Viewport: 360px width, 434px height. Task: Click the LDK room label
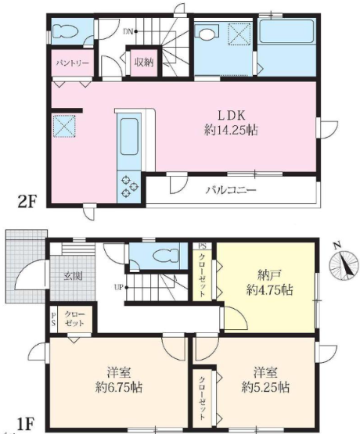coord(231,115)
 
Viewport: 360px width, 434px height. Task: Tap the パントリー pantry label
coord(73,63)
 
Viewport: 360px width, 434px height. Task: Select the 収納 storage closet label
coord(144,63)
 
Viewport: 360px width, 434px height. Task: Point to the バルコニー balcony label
coord(231,190)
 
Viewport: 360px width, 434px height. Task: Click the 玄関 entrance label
coord(74,276)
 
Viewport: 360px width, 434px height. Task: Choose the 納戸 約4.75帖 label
coord(269,282)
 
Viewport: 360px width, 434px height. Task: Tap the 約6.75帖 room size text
coord(119,387)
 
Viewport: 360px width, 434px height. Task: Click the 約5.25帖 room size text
coord(265,387)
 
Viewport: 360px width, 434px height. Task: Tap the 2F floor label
coord(27,202)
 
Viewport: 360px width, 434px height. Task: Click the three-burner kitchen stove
coord(129,187)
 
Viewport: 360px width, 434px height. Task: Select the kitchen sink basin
coord(129,136)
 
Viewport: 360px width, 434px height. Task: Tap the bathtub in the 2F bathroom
coord(286,31)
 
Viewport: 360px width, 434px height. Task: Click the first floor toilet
coord(166,255)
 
